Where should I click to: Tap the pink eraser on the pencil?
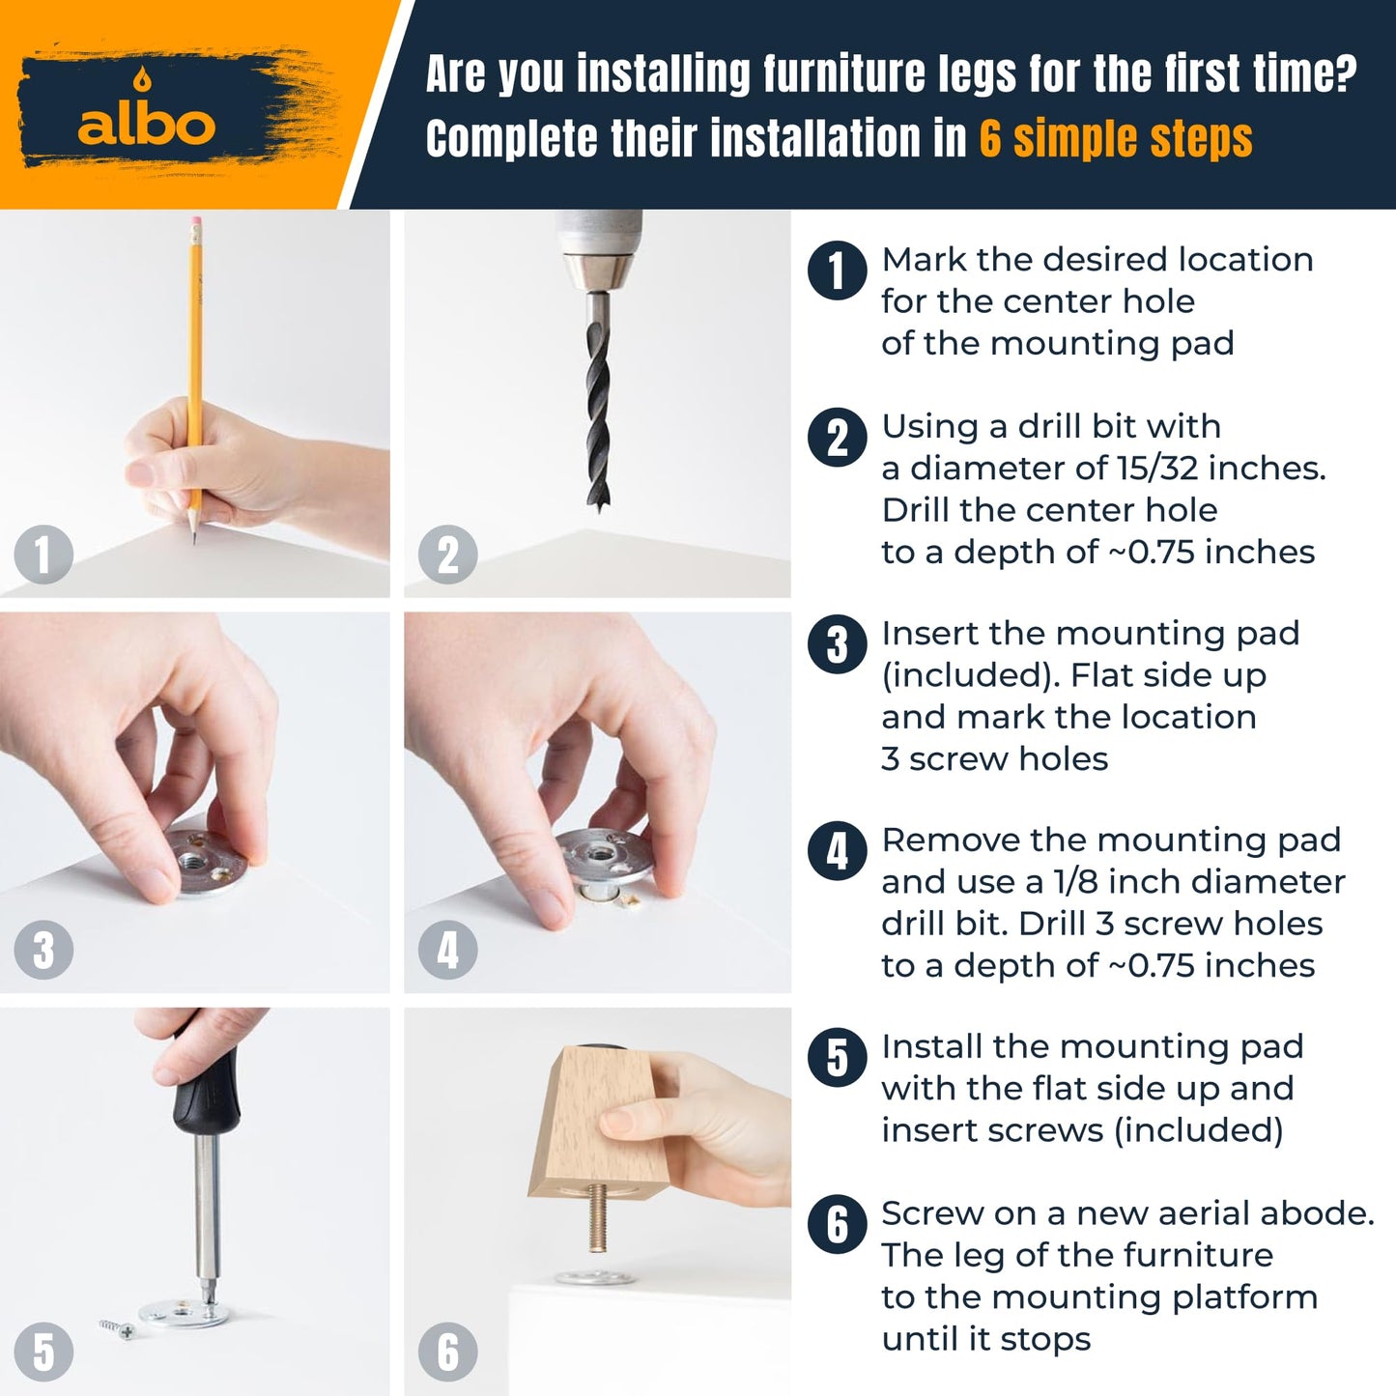(x=195, y=221)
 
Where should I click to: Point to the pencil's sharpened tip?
(x=193, y=539)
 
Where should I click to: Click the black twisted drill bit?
(x=598, y=403)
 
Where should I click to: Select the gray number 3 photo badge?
(x=43, y=950)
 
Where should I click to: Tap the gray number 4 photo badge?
(x=447, y=950)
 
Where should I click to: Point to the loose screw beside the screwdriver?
(x=117, y=1328)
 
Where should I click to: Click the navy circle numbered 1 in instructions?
(x=837, y=271)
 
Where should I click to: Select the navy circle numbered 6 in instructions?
(x=837, y=1224)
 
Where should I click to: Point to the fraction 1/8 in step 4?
(x=1073, y=882)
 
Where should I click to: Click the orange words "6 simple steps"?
(x=1116, y=138)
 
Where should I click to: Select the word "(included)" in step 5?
(x=1198, y=1131)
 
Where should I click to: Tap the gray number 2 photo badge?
(x=447, y=555)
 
